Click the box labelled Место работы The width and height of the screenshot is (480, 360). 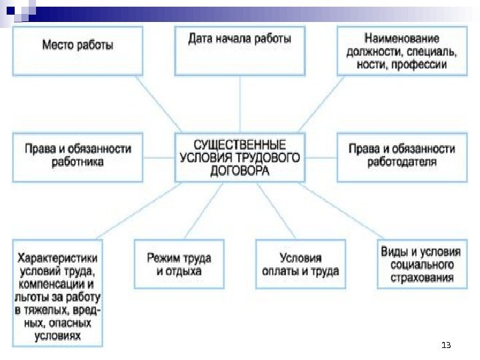pos(77,51)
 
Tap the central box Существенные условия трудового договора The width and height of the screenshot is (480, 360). pos(240,158)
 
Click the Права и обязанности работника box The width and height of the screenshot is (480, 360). pos(77,157)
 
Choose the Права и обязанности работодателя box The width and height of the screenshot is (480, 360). pos(402,157)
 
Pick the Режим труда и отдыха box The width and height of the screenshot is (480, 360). pos(179,264)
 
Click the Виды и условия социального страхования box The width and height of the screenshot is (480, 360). pos(421,264)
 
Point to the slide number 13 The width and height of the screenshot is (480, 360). pos(446,345)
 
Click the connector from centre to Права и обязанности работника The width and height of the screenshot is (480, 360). pos(159,158)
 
